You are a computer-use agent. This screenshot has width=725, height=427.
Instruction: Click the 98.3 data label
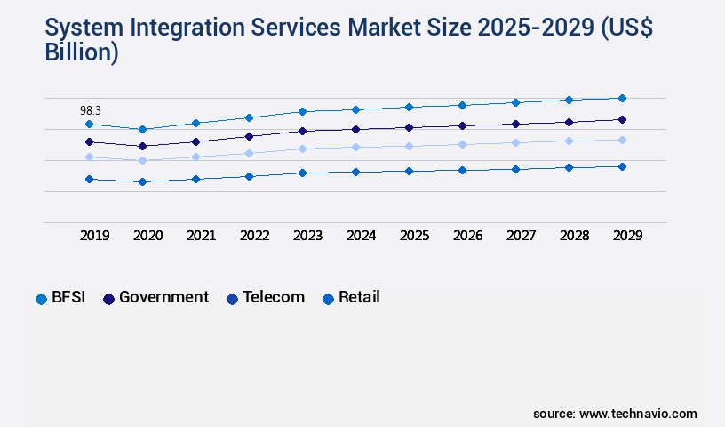pos(91,110)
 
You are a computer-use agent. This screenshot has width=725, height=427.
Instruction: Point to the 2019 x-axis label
pos(95,236)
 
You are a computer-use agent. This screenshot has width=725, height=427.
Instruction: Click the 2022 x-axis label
pos(255,236)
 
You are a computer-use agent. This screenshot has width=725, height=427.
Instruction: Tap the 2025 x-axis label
pos(415,236)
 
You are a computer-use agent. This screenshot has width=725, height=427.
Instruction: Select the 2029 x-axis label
pos(627,236)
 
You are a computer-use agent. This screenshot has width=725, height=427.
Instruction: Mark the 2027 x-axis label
pos(522,236)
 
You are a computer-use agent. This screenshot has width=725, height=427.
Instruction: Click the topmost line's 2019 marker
pos(89,125)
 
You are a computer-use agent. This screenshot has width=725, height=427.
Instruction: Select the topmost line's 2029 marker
pos(622,98)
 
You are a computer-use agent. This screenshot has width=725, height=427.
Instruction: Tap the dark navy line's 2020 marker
pos(142,146)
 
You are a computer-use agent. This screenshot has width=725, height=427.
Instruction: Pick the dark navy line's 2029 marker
pos(622,119)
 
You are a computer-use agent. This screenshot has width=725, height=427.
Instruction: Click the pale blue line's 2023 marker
pos(302,149)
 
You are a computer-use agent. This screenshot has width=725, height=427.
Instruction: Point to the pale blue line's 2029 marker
pos(622,140)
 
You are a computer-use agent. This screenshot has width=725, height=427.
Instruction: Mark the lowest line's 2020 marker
pos(142,181)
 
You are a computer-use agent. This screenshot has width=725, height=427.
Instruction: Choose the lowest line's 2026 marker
pos(462,170)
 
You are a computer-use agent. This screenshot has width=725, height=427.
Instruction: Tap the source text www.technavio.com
pos(638,414)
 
